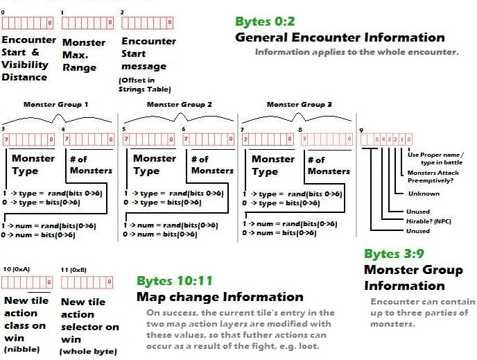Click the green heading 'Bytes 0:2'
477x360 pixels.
(265, 22)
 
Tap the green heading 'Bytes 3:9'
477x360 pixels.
(394, 254)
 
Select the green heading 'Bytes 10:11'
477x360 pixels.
(175, 281)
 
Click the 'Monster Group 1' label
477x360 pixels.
(56, 104)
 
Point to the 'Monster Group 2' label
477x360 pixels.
(180, 104)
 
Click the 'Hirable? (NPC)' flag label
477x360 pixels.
(428, 221)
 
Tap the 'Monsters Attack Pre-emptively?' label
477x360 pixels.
(433, 176)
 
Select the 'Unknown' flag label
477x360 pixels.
(424, 194)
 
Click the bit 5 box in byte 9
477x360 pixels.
(376, 139)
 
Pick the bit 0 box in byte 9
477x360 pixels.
(409, 139)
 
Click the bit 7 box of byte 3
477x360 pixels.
(6, 139)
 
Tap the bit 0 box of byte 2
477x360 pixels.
(170, 22)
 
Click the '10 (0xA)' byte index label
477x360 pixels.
(17, 269)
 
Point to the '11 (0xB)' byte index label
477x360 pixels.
(73, 270)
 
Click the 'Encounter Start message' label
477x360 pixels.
(148, 53)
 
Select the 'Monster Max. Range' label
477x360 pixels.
(84, 55)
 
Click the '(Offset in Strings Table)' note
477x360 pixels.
(145, 85)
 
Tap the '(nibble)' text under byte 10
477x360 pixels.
(21, 349)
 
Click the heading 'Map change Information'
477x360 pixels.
(220, 297)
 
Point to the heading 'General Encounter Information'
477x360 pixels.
(340, 37)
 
